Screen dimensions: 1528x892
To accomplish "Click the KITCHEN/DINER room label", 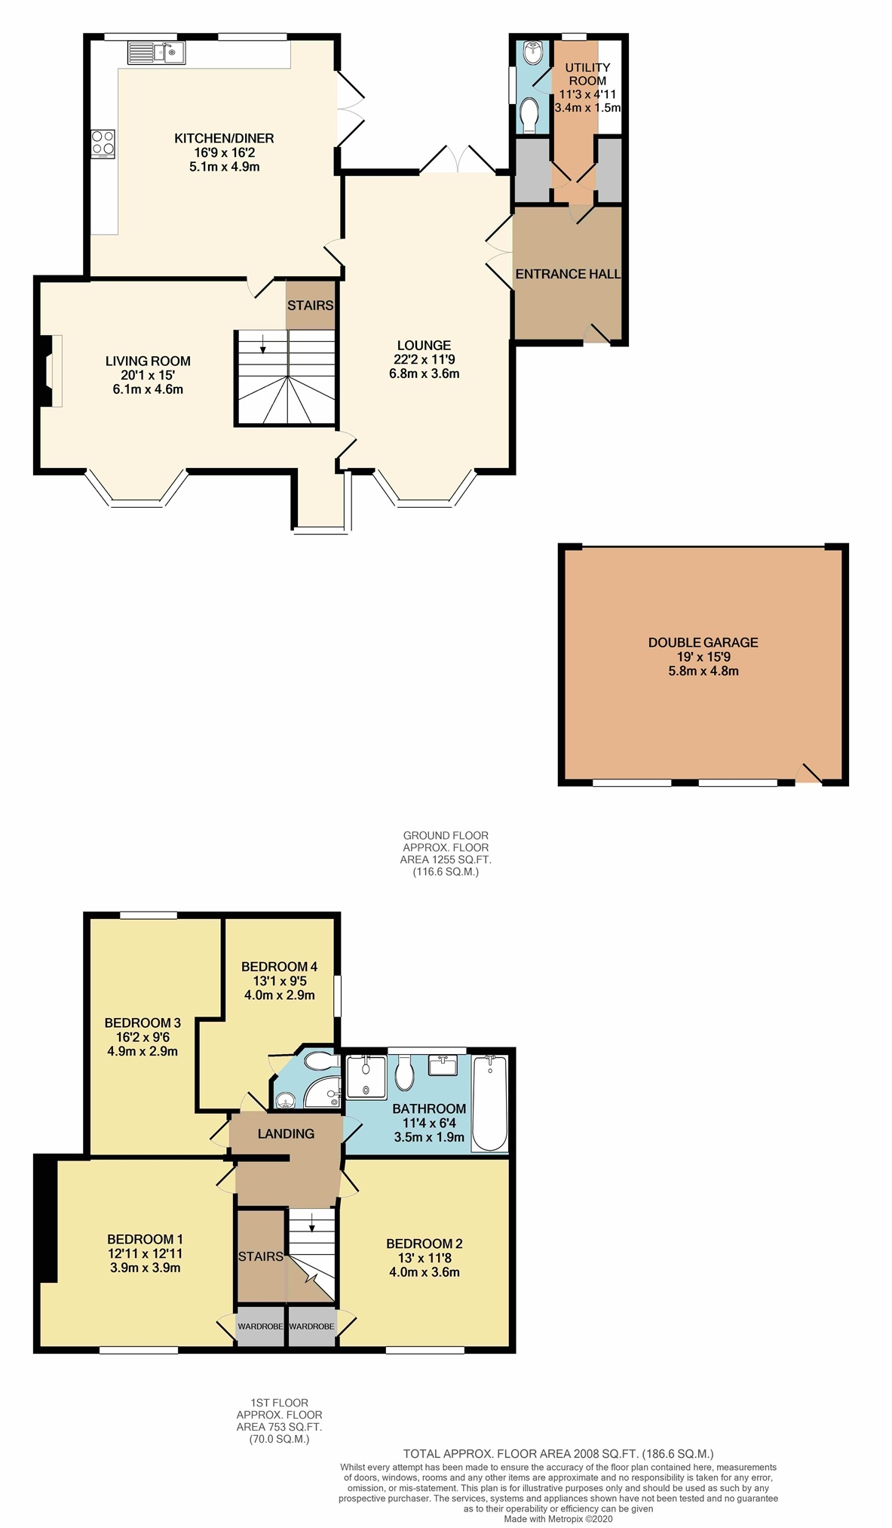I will click(224, 138).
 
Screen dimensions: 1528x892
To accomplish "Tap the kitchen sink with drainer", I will click(156, 53).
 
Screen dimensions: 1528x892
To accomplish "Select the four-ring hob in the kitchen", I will click(103, 143).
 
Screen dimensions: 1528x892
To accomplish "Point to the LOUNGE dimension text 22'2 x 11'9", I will click(424, 359).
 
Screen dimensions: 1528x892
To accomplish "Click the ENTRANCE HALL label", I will click(568, 274).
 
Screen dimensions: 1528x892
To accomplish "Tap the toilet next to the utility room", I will click(529, 115).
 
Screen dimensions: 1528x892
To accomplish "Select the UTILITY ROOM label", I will click(587, 74).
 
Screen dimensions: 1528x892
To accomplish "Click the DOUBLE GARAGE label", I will click(703, 642).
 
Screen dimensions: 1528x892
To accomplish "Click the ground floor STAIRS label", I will click(310, 305).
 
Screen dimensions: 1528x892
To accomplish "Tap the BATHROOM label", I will click(429, 1108).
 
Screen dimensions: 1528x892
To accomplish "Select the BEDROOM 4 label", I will click(279, 967).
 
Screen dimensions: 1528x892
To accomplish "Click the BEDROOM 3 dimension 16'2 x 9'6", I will click(142, 1037).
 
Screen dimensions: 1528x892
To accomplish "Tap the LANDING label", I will click(286, 1133).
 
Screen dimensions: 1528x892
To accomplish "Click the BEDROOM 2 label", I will click(424, 1244).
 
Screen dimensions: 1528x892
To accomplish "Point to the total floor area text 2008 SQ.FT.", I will click(558, 1453).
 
